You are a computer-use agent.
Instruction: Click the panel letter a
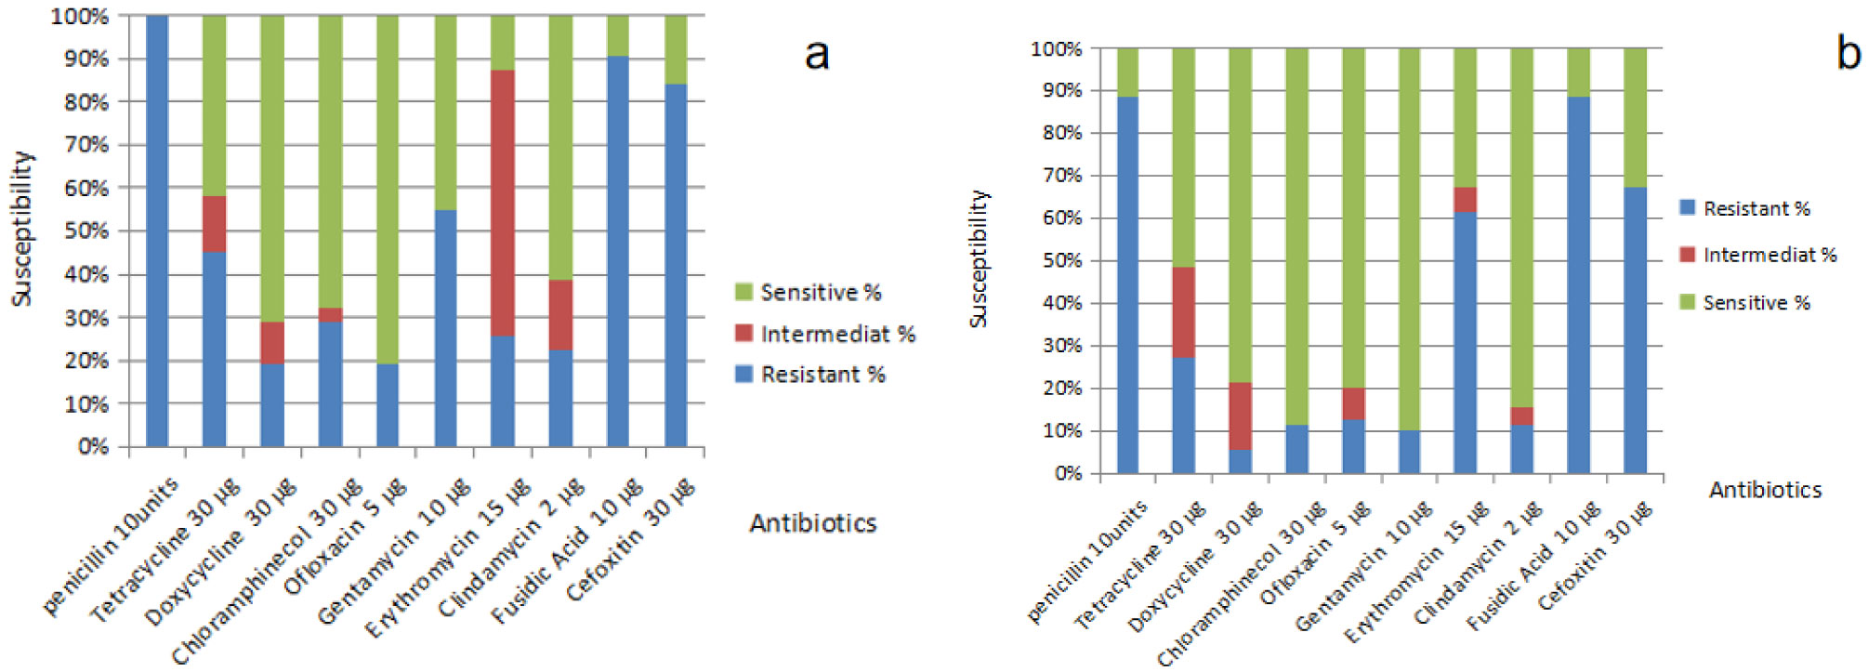pyautogui.click(x=816, y=54)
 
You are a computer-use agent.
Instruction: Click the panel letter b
pyautogui.click(x=1848, y=52)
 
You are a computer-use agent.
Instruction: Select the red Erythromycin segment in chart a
pyautogui.click(x=503, y=203)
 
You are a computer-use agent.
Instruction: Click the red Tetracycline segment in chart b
pyautogui.click(x=1183, y=312)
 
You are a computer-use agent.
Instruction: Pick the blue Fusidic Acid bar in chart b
pyautogui.click(x=1578, y=284)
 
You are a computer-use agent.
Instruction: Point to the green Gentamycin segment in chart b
pyautogui.click(x=1409, y=239)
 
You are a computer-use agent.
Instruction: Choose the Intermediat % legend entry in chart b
pyautogui.click(x=1758, y=255)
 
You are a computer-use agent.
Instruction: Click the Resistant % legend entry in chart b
pyautogui.click(x=1745, y=208)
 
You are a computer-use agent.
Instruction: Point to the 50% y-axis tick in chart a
pyautogui.click(x=86, y=231)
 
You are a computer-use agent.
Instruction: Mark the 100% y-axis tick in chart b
pyautogui.click(x=1056, y=48)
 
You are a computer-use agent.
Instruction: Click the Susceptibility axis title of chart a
pyautogui.click(x=21, y=229)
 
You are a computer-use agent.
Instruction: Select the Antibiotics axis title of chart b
pyautogui.click(x=1765, y=490)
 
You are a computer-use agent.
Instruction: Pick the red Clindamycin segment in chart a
pyautogui.click(x=560, y=315)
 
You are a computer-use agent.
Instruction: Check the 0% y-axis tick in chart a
pyautogui.click(x=93, y=447)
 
